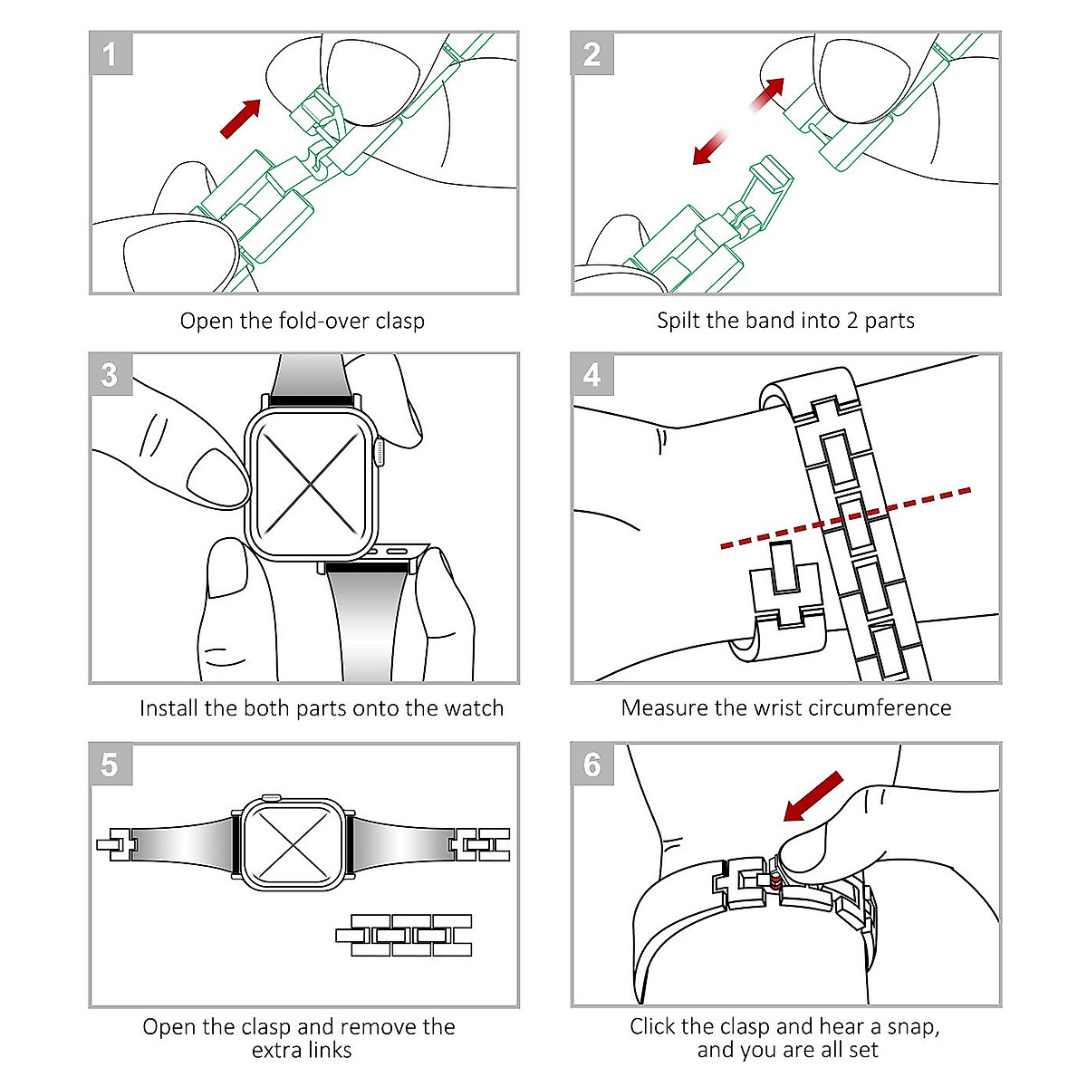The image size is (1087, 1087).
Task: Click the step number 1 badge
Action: [111, 54]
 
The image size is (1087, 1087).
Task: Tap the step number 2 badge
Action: [592, 54]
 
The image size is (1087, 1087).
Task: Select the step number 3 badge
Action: [111, 374]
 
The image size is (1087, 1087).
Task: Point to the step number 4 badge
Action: [592, 374]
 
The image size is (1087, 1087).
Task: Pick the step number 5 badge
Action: [111, 765]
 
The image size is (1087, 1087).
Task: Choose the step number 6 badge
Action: [592, 765]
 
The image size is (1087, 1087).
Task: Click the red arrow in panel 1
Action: [240, 119]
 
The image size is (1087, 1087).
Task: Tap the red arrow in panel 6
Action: [813, 796]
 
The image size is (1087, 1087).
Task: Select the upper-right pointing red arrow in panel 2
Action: [766, 95]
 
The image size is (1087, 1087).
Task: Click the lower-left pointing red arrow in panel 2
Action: [710, 149]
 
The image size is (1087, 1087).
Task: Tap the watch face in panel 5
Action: [294, 844]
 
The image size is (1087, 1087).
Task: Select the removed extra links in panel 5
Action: [404, 935]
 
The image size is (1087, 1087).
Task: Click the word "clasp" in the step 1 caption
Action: [399, 322]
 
